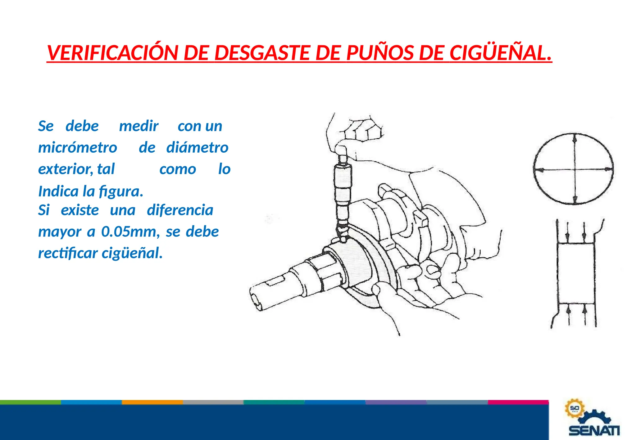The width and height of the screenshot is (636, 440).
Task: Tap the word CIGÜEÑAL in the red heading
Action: click(500, 53)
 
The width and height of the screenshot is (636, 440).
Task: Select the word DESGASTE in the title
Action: click(262, 53)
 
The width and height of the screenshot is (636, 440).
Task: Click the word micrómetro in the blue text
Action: click(78, 148)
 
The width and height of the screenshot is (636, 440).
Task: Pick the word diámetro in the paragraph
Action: click(198, 148)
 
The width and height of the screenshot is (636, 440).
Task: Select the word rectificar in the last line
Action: click(68, 253)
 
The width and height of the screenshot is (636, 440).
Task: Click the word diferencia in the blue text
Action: click(180, 210)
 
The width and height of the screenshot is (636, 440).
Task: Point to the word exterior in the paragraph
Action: click(65, 169)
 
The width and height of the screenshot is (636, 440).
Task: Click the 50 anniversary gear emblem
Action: click(574, 408)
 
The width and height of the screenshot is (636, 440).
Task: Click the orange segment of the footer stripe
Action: click(152, 402)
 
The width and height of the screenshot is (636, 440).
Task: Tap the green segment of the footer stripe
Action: click(30, 402)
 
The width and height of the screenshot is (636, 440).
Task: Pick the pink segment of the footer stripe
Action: click(518, 402)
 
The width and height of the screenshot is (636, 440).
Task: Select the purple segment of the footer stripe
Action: click(396, 402)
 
